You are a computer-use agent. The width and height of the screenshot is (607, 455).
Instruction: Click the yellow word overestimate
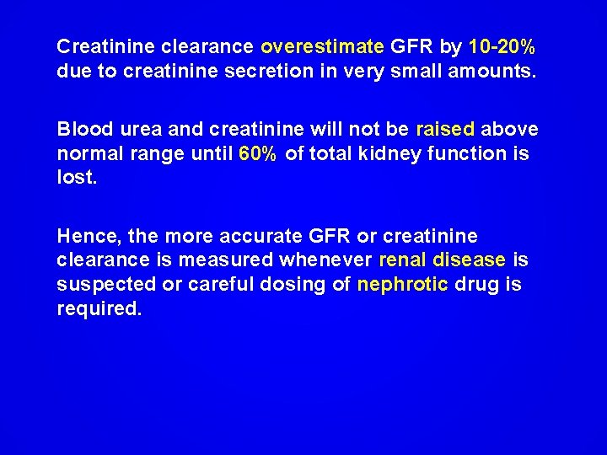[323, 45]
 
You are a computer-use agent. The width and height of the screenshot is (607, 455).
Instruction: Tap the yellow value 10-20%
[502, 45]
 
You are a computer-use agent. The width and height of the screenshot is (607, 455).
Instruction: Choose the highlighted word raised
[446, 131]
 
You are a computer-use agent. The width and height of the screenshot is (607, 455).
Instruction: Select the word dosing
[297, 286]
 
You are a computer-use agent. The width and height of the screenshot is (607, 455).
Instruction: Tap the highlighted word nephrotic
[403, 286]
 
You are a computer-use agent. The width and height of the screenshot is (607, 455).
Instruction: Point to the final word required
[99, 309]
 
